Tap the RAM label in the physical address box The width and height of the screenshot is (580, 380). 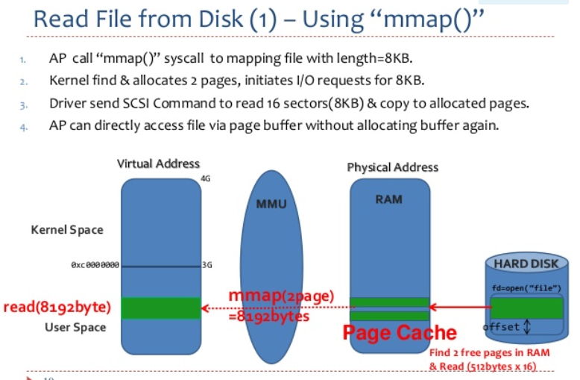389,199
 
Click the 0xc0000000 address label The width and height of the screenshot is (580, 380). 95,265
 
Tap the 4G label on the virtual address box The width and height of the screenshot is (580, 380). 206,179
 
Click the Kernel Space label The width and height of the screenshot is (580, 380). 67,230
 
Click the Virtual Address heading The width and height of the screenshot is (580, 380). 158,163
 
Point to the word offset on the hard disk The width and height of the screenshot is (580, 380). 502,327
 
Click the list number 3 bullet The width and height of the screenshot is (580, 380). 24,104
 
